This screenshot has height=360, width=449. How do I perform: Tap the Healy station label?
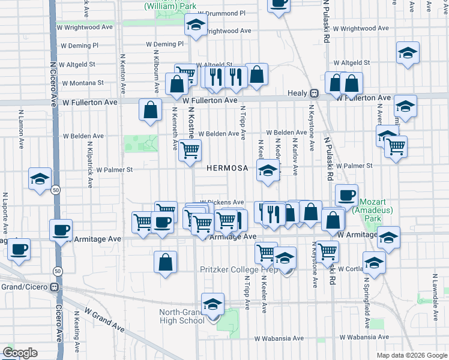(297, 93)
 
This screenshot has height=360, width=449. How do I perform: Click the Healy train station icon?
(313, 93)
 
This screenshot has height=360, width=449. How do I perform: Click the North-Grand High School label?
(182, 316)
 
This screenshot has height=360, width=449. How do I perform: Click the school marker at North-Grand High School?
(212, 304)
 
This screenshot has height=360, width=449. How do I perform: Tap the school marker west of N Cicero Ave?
(40, 178)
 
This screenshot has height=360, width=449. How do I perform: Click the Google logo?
(20, 353)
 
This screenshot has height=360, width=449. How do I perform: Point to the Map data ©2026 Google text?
(411, 355)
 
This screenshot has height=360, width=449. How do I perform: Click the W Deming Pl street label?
(165, 44)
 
